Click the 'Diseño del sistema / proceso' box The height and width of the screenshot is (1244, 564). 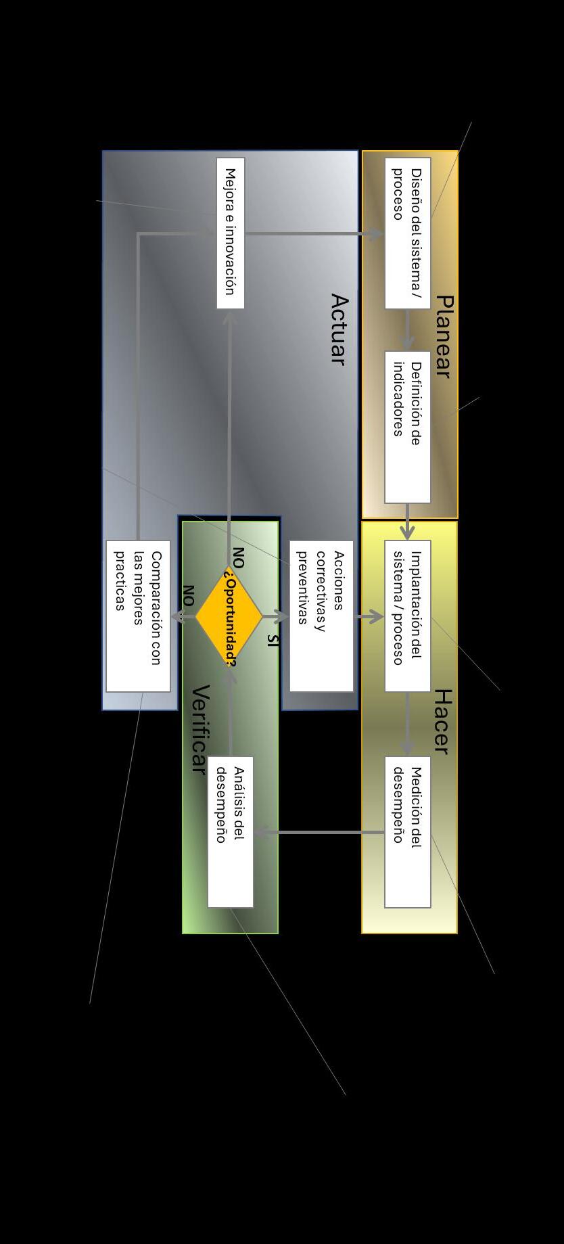[407, 233]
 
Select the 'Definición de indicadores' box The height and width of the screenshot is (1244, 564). [407, 427]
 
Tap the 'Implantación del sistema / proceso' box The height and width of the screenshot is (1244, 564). [407, 616]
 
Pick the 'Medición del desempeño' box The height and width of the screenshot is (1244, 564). [407, 831]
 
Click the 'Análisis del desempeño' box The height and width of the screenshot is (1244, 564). [230, 831]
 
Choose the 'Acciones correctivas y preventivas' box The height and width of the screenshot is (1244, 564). [321, 616]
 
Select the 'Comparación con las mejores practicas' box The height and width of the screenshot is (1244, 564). [138, 616]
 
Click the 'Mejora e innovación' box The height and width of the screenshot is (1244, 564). [230, 233]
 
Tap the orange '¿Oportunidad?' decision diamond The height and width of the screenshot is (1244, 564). [229, 616]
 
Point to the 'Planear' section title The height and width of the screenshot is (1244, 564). [443, 336]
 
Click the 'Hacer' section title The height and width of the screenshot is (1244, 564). [442, 721]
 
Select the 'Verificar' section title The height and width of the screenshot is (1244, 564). [199, 729]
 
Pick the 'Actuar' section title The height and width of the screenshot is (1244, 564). [339, 329]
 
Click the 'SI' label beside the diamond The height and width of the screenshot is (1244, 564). [272, 640]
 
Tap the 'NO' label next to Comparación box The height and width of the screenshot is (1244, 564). [188, 595]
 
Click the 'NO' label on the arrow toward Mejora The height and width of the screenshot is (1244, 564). [238, 557]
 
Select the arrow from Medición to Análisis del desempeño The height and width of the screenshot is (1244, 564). [318, 832]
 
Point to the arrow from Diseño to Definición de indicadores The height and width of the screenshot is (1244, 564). [407, 330]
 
